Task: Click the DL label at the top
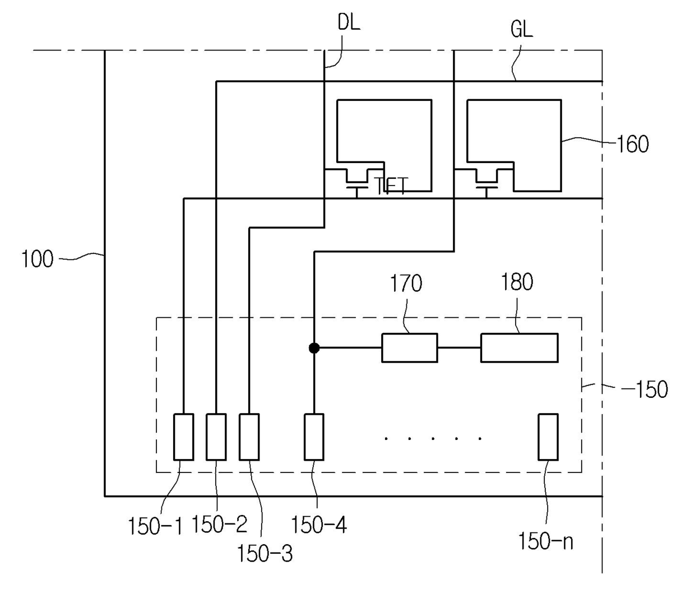pyautogui.click(x=349, y=23)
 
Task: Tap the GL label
pyautogui.click(x=522, y=29)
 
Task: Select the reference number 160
pyautogui.click(x=632, y=144)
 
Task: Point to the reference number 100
pyautogui.click(x=38, y=259)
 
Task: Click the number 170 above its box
pyautogui.click(x=406, y=283)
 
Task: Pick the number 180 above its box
pyautogui.click(x=517, y=282)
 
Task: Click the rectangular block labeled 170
pyautogui.click(x=409, y=348)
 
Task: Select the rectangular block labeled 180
pyautogui.click(x=519, y=348)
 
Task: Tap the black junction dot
pyautogui.click(x=314, y=348)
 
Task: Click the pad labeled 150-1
pyautogui.click(x=184, y=437)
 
